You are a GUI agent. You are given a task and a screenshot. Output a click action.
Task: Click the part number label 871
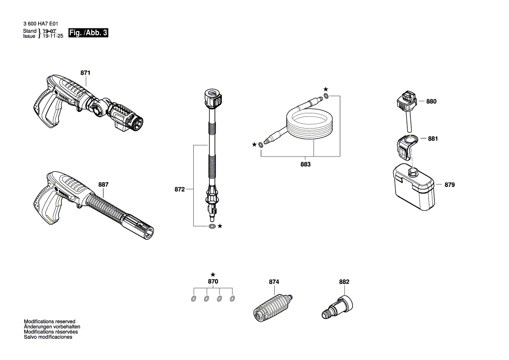pyautogui.click(x=85, y=73)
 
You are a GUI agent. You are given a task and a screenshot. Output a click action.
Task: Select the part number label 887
pyautogui.click(x=103, y=184)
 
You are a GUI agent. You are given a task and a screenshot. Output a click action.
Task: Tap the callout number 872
pyautogui.click(x=179, y=190)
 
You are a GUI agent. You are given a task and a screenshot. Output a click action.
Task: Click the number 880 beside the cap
pyautogui.click(x=431, y=102)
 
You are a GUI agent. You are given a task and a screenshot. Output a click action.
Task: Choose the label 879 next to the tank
pyautogui.click(x=449, y=185)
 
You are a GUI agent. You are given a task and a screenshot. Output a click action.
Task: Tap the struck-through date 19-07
pyautogui.click(x=50, y=31)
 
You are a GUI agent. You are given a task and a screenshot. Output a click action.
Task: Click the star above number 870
pyautogui.click(x=212, y=275)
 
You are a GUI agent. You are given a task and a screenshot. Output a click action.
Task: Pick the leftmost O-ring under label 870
pyautogui.click(x=193, y=299)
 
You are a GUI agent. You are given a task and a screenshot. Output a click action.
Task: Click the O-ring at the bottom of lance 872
pyautogui.click(x=212, y=227)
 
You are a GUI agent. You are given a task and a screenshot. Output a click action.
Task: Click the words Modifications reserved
pyautogui.click(x=49, y=321)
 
